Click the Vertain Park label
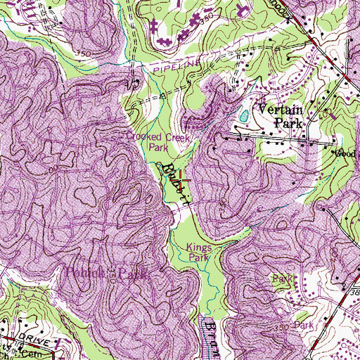[x=280, y=116]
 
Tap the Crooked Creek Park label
[x=154, y=143]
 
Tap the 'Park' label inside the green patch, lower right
[x=283, y=279]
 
